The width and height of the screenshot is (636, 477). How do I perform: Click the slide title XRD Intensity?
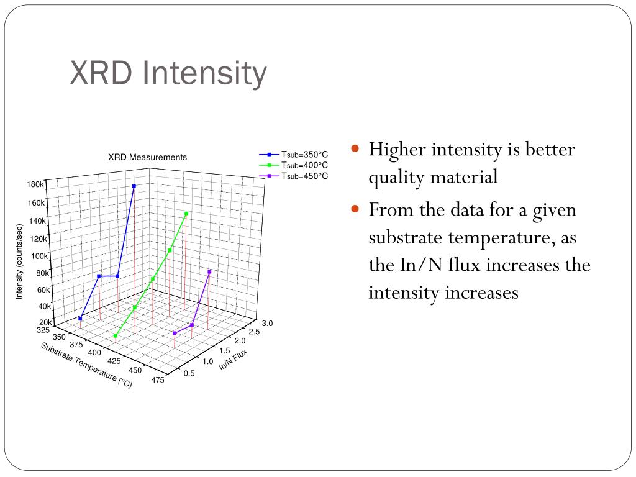click(x=168, y=73)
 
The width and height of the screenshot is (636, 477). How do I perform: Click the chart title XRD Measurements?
click(x=147, y=158)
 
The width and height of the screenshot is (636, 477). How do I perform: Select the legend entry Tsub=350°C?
click(x=304, y=155)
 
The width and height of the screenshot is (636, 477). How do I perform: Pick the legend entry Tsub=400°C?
click(x=304, y=165)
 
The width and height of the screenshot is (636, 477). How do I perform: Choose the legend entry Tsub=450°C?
click(x=304, y=176)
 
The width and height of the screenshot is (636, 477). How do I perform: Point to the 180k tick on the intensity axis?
click(x=35, y=184)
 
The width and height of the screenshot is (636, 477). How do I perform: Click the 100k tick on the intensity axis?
click(x=40, y=256)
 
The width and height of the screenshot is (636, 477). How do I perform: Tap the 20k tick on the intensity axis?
click(x=45, y=322)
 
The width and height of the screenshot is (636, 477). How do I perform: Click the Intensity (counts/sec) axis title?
click(x=19, y=261)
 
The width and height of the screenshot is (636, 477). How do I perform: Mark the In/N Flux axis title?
click(x=233, y=360)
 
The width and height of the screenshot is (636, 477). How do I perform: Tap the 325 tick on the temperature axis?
click(x=44, y=330)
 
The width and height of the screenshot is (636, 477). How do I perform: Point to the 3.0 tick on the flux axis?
click(x=267, y=324)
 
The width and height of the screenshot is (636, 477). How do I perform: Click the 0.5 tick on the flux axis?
click(x=189, y=373)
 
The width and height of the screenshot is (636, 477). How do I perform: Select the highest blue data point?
click(x=134, y=186)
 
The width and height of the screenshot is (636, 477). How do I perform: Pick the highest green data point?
click(x=186, y=214)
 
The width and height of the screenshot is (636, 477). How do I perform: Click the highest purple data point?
click(x=209, y=272)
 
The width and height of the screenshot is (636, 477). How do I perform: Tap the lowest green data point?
click(x=116, y=336)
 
